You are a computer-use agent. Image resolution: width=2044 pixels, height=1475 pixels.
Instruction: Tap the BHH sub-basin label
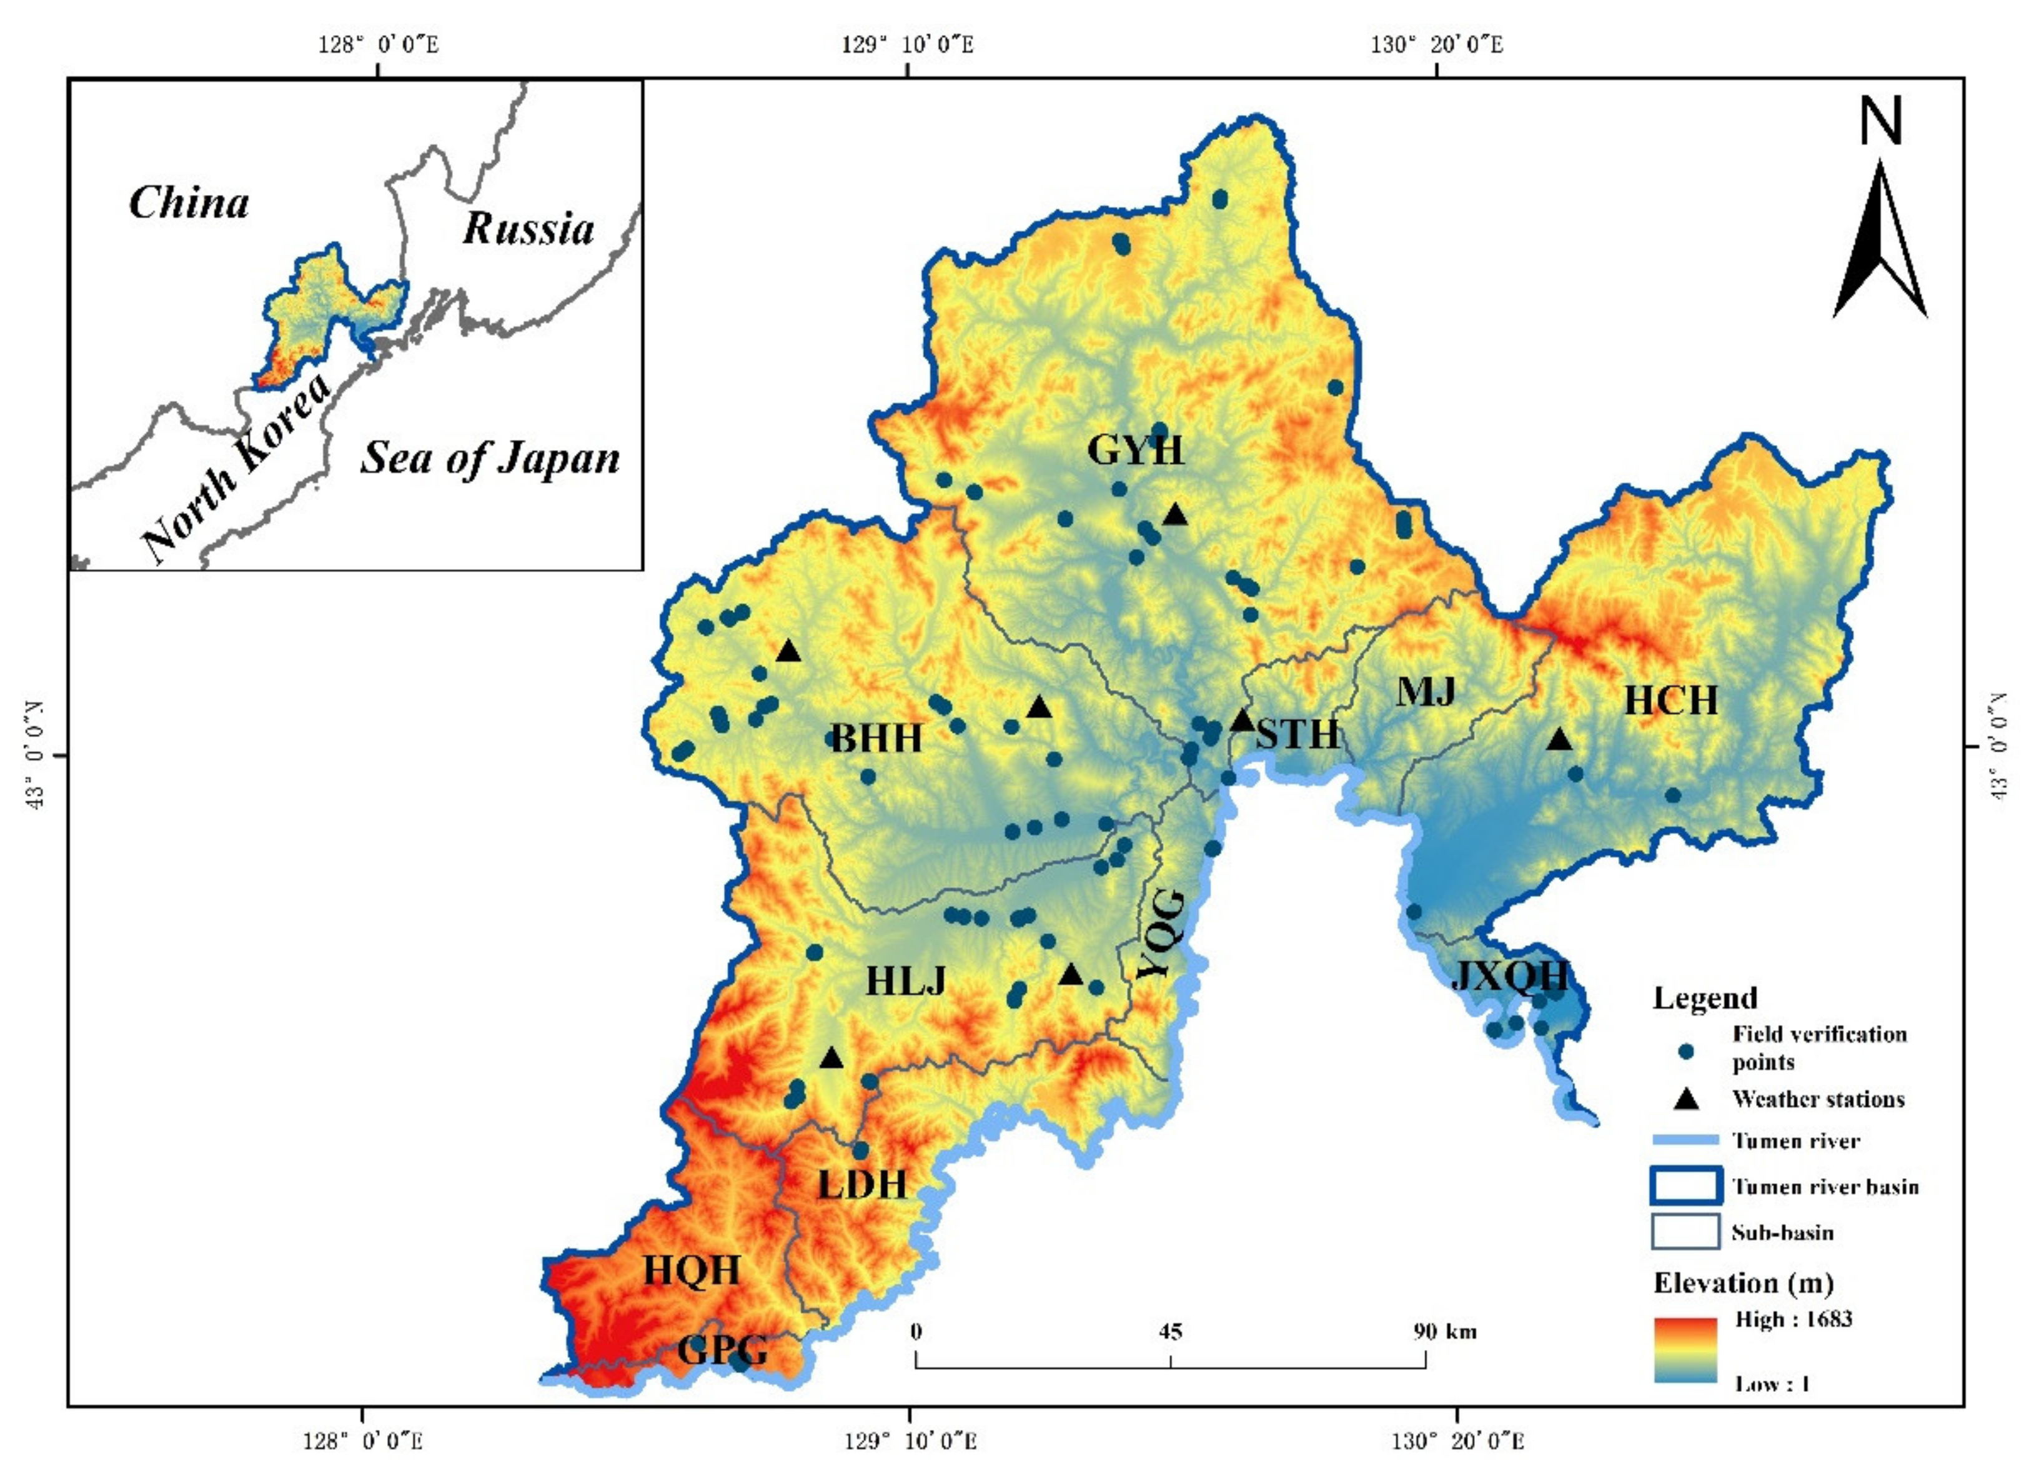pyautogui.click(x=876, y=738)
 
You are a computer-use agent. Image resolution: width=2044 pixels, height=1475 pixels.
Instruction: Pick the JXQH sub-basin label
pyautogui.click(x=1511, y=976)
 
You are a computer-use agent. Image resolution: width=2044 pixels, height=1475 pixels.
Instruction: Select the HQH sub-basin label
pyautogui.click(x=692, y=1271)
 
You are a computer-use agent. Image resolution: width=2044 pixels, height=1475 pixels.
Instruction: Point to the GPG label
pyautogui.click(x=723, y=1349)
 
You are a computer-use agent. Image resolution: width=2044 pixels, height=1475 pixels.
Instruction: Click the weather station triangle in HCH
pyautogui.click(x=1560, y=740)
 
